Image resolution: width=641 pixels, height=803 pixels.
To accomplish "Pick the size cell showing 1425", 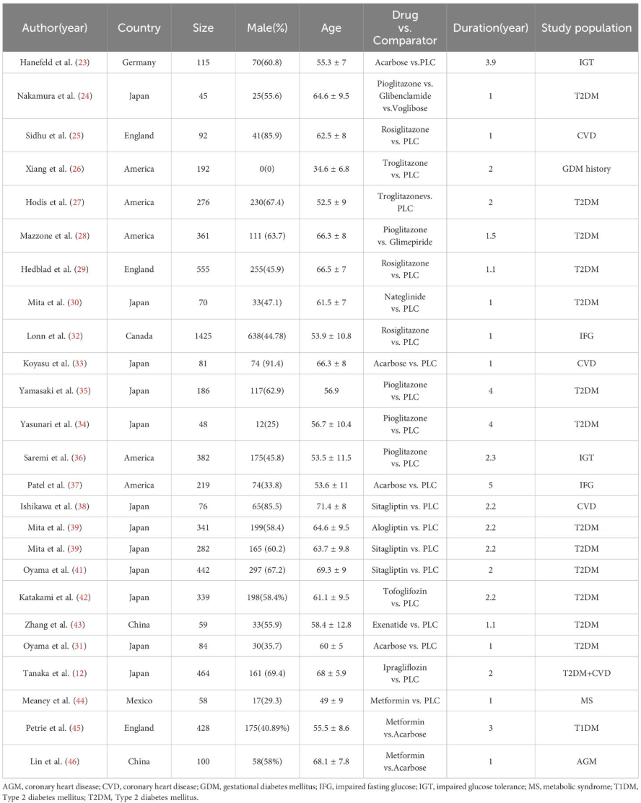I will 202,335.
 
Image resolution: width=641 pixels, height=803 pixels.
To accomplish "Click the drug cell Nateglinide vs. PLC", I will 410,302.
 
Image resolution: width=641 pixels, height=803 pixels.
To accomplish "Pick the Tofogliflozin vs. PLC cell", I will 410,601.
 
